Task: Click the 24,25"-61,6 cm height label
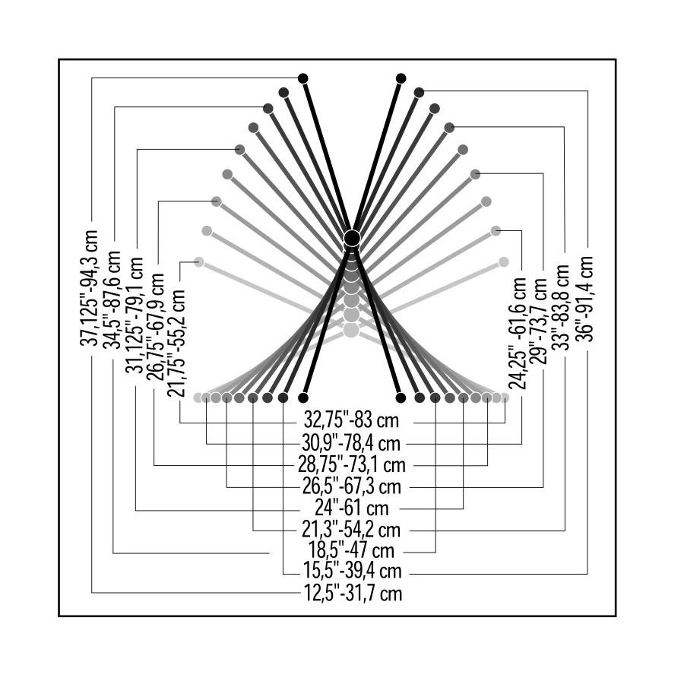point(519,332)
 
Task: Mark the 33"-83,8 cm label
point(562,306)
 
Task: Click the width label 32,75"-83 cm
point(352,421)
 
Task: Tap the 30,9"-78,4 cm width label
point(352,442)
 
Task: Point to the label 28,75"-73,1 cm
point(352,464)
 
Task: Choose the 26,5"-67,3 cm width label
point(352,485)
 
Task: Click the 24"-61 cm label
point(352,507)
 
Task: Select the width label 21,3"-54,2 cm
point(352,528)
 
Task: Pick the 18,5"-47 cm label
point(352,549)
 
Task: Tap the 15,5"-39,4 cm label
point(352,571)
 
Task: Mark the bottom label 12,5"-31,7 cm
point(352,593)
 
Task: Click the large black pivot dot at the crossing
point(351,238)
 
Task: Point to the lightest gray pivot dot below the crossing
point(350,330)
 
